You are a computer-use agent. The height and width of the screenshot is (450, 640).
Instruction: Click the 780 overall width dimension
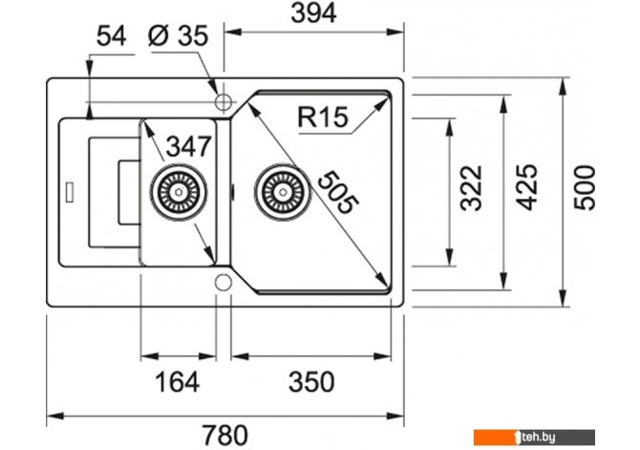pyautogui.click(x=225, y=435)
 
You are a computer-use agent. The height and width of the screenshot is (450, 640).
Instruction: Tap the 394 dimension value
pyautogui.click(x=313, y=13)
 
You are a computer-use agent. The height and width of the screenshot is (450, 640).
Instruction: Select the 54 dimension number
pyautogui.click(x=112, y=36)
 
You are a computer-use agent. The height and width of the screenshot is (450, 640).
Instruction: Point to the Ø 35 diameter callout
pyautogui.click(x=178, y=35)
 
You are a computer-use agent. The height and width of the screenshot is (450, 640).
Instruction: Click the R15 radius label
pyautogui.click(x=323, y=117)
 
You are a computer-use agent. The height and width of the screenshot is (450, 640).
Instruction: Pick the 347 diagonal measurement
pyautogui.click(x=189, y=146)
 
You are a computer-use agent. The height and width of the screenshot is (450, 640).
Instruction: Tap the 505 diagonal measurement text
pyautogui.click(x=337, y=192)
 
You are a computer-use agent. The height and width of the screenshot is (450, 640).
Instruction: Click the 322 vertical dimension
pyautogui.click(x=471, y=188)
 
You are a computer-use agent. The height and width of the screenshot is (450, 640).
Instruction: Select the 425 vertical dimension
pyautogui.click(x=526, y=187)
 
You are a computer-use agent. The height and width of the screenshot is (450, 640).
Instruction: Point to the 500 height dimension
pyautogui.click(x=585, y=188)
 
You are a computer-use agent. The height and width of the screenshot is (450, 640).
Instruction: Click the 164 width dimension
pyautogui.click(x=177, y=382)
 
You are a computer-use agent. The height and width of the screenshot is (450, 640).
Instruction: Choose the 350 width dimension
pyautogui.click(x=311, y=382)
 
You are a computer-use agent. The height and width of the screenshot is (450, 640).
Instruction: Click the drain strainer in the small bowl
pyautogui.click(x=179, y=191)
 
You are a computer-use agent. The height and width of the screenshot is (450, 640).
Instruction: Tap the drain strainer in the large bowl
pyautogui.click(x=282, y=191)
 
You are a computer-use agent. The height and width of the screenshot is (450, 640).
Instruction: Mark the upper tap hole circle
pyautogui.click(x=224, y=101)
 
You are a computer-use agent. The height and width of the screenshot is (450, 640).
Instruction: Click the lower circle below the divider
pyautogui.click(x=224, y=282)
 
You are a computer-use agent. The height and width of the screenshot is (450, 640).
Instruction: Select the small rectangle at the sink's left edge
pyautogui.click(x=70, y=191)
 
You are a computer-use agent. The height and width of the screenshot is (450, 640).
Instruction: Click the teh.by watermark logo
pyautogui.click(x=534, y=438)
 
